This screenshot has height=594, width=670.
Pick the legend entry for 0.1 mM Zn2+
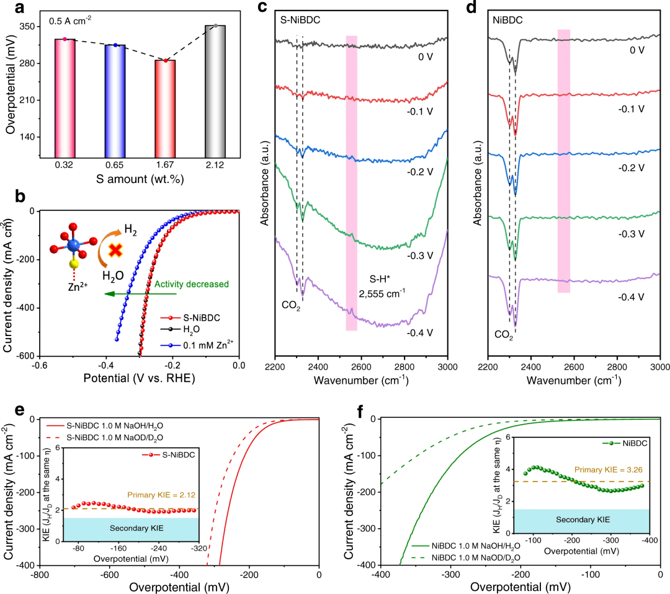point(193,345)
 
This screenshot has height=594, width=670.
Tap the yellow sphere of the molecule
point(73,264)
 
